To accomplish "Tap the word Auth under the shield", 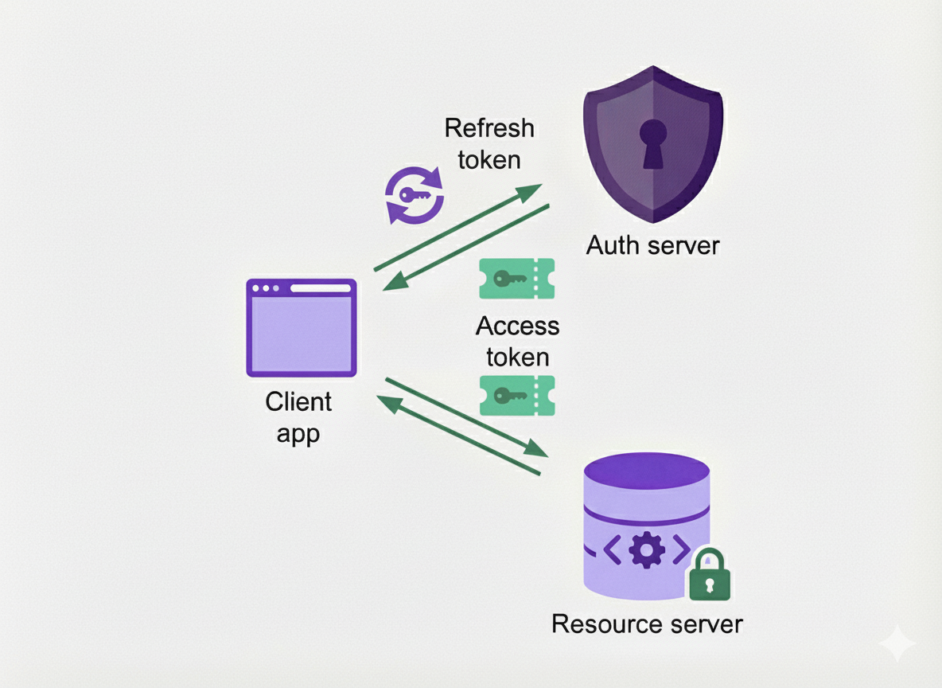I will tap(612, 245).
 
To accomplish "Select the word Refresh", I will tap(489, 128).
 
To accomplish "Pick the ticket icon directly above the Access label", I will tap(516, 279).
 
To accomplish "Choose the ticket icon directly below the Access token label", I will tap(516, 395).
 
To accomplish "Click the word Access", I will tap(517, 326).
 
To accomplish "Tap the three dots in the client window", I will tap(266, 288).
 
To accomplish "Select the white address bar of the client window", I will tap(320, 288).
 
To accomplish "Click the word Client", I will tap(298, 402).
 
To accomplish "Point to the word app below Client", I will tap(298, 435).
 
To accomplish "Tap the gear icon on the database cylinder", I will tap(646, 549).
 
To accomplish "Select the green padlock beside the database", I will tap(708, 575).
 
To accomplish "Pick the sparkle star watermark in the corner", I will tap(897, 643).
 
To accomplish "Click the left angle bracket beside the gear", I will tap(612, 549).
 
